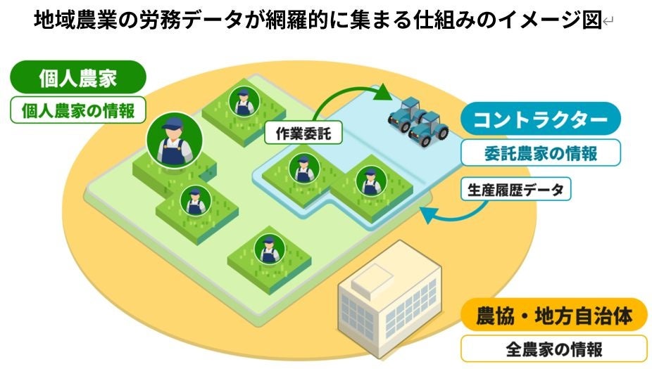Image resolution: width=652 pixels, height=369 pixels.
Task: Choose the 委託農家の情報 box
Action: (541, 153)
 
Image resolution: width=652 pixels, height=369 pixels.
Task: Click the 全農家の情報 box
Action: (553, 348)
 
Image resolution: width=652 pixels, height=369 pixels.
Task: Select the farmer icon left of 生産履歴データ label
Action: (368, 181)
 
